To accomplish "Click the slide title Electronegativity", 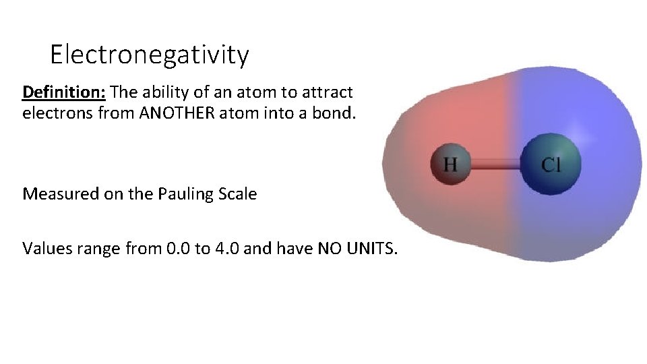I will point(149,55).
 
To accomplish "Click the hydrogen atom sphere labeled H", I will point(450,163).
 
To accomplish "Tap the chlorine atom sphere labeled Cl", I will point(551,163).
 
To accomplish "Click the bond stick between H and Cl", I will point(497,163).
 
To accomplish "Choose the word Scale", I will point(239,194).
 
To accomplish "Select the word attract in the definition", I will point(329,92).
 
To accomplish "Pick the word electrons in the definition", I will point(56,113).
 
